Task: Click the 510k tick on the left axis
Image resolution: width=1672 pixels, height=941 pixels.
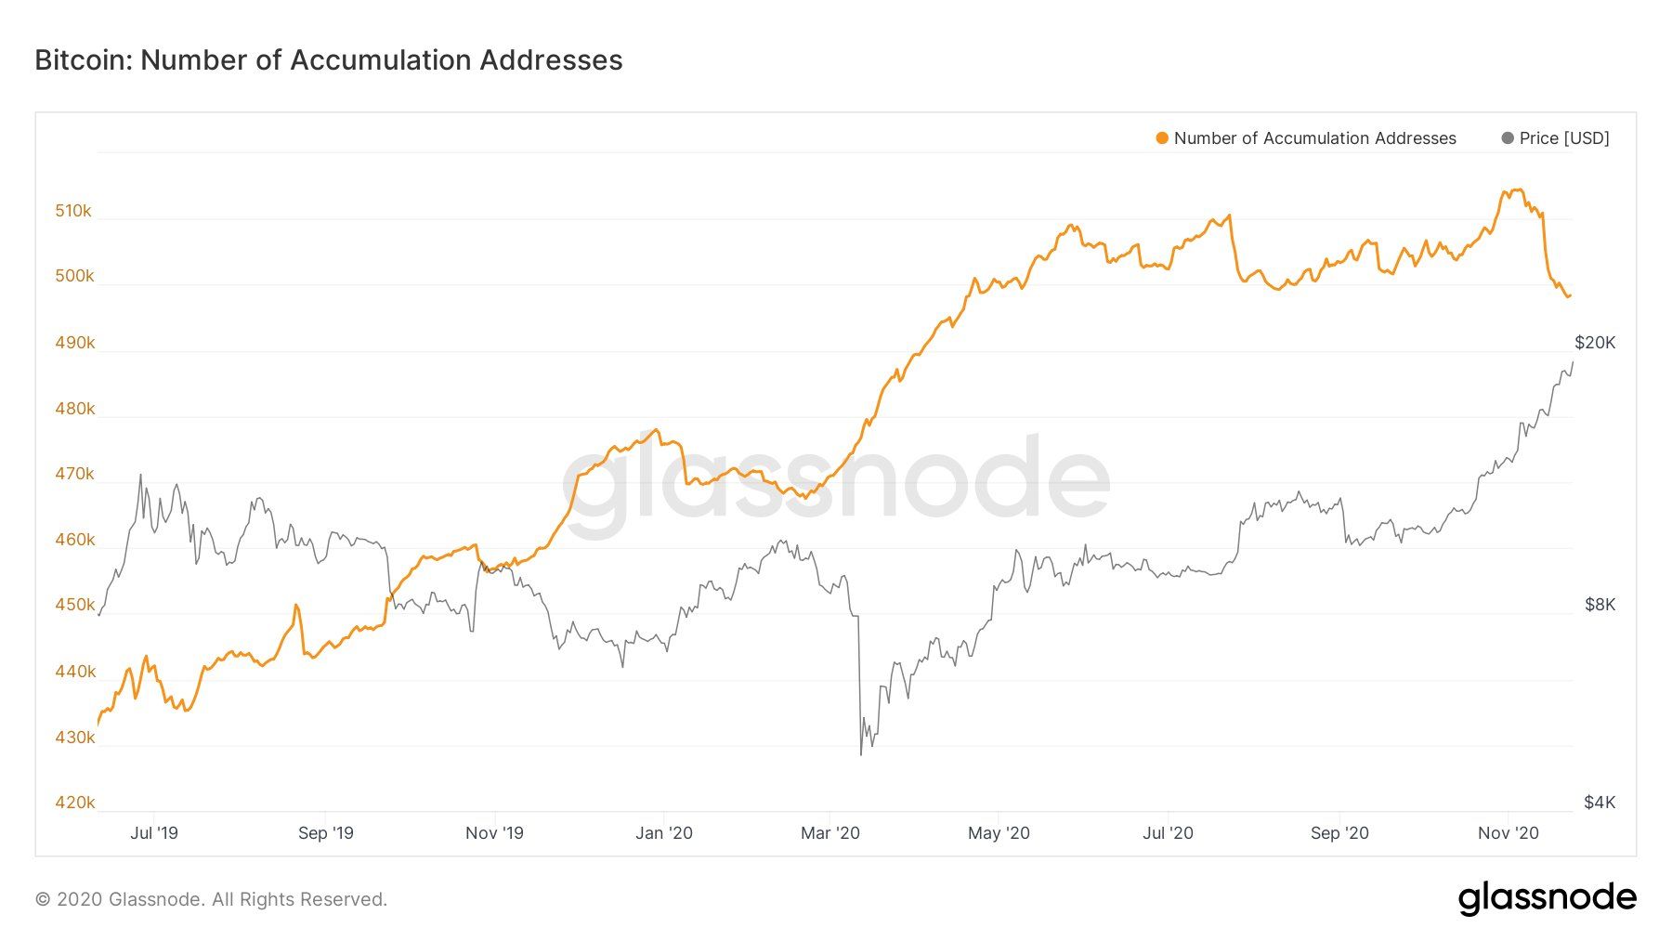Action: [x=73, y=211]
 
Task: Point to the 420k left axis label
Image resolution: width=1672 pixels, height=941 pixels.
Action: [x=74, y=803]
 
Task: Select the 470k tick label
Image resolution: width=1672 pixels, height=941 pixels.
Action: [x=74, y=474]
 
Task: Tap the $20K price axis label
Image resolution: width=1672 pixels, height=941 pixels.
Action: [x=1595, y=343]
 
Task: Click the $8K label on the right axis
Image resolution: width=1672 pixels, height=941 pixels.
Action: [x=1600, y=605]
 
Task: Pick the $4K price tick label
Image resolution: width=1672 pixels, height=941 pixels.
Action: [x=1600, y=803]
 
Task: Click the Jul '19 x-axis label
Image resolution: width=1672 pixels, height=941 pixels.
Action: [x=154, y=833]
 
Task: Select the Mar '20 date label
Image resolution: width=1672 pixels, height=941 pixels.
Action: [x=830, y=833]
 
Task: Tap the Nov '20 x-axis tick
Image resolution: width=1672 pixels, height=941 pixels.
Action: [x=1508, y=833]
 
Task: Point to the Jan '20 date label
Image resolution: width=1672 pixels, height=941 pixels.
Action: [x=663, y=833]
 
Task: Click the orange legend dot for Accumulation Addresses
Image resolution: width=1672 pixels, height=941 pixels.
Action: [x=1161, y=138]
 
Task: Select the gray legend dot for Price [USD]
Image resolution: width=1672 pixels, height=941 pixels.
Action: [x=1507, y=138]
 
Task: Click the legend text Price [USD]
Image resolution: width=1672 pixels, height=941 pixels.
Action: [x=1564, y=138]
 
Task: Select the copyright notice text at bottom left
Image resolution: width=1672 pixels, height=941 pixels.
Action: [x=211, y=899]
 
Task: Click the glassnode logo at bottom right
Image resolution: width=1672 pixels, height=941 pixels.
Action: [x=1547, y=898]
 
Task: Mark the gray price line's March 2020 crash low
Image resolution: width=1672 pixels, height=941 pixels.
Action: [x=861, y=754]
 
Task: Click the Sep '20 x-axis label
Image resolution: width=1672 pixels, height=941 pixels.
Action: [x=1339, y=833]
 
